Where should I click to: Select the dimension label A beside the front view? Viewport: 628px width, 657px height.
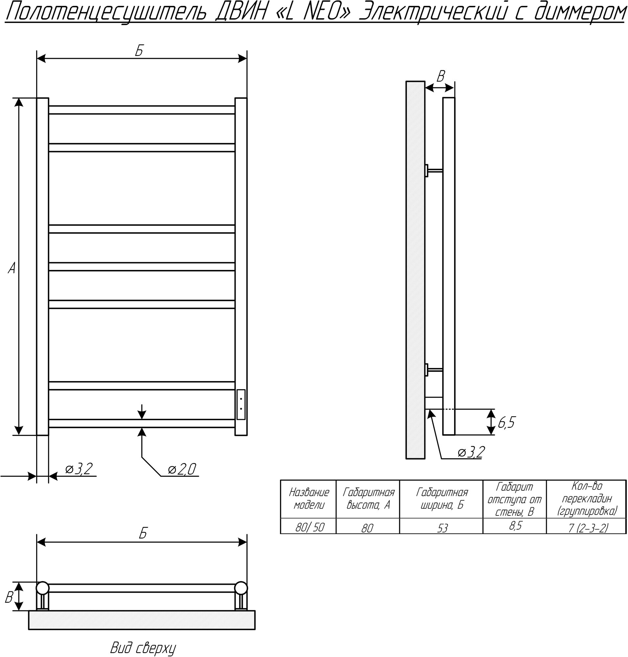click(x=12, y=268)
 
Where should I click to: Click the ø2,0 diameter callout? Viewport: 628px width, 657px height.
click(x=182, y=469)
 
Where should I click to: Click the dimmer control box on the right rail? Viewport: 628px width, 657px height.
click(x=241, y=404)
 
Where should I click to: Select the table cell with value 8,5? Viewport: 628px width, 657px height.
click(x=515, y=526)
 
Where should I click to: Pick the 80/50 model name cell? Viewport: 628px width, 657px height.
click(x=309, y=528)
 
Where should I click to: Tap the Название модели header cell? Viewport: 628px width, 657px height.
click(x=309, y=499)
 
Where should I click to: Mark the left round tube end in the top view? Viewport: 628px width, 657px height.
click(x=42, y=588)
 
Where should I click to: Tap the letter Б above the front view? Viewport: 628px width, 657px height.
click(x=140, y=51)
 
